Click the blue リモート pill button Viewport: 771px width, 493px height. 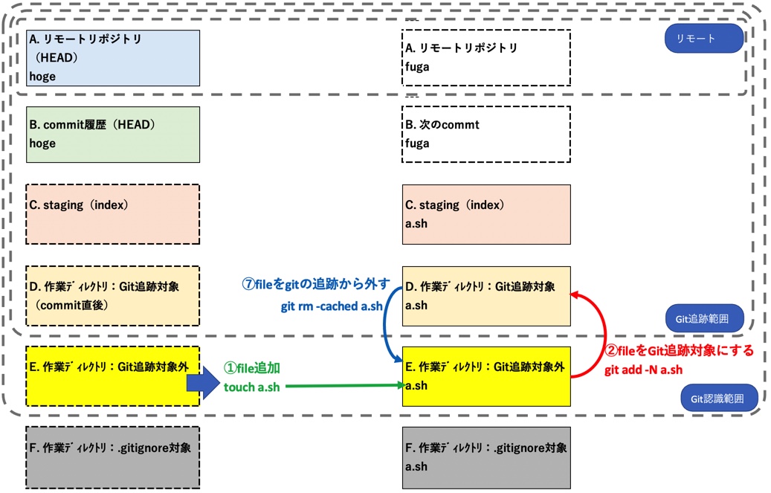click(703, 39)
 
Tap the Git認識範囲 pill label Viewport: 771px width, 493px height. click(718, 398)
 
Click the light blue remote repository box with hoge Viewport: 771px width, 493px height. click(113, 58)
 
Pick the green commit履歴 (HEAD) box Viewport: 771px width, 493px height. click(113, 135)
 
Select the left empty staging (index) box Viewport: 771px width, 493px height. click(113, 214)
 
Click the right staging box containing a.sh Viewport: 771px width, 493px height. click(485, 214)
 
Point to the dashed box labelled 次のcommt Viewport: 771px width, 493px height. click(485, 135)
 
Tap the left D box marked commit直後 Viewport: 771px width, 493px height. click(113, 295)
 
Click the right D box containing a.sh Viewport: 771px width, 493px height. click(485, 295)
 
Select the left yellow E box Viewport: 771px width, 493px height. click(113, 376)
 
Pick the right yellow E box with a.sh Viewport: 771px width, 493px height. click(485, 376)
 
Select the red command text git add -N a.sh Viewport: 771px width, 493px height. click(643, 370)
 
